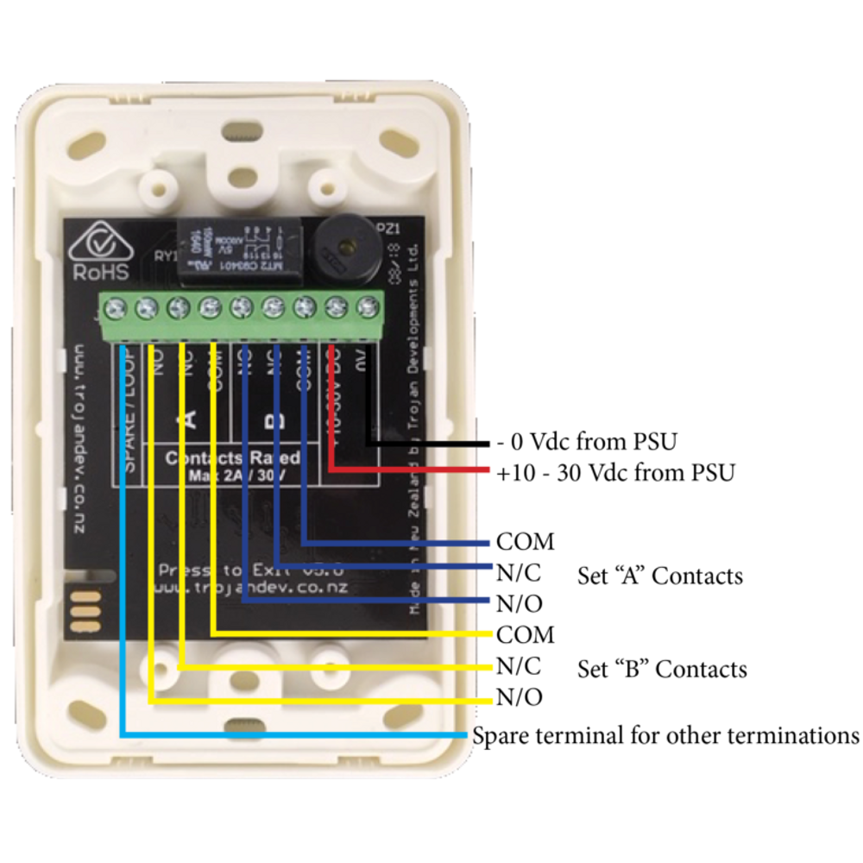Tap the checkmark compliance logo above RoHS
(102, 243)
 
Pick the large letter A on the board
(191, 419)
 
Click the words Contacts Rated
(232, 458)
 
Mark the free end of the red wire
(487, 470)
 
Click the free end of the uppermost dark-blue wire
(487, 545)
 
